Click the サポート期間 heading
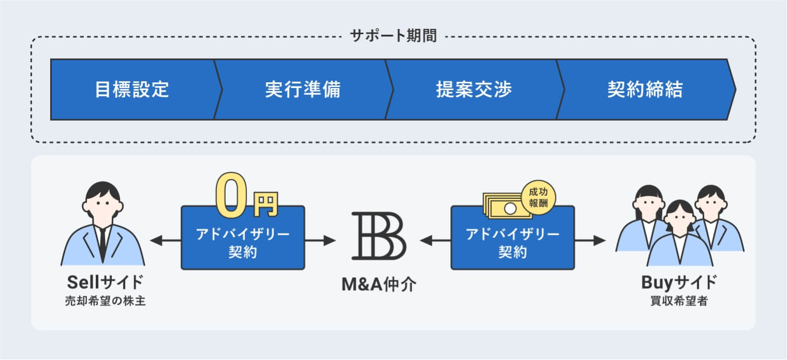(393, 36)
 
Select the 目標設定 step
(132, 90)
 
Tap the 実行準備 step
(303, 90)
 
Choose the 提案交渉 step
(474, 90)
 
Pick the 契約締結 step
(645, 90)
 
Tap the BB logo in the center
(378, 236)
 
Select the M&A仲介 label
(378, 284)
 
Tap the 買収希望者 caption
(679, 301)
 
